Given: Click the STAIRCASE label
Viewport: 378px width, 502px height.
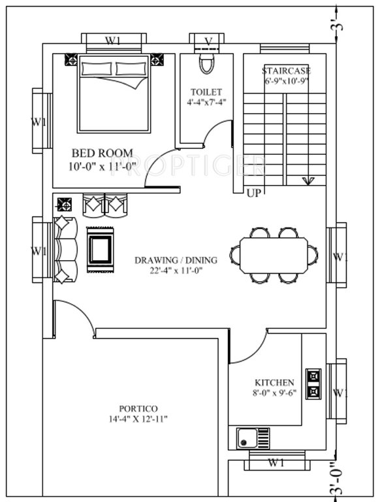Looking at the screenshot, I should pos(286,71).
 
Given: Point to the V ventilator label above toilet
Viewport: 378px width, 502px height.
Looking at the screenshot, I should pos(208,41).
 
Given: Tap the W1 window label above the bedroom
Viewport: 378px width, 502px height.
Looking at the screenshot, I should pos(114,41).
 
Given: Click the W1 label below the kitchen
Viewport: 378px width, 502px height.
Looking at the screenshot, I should pos(276,463).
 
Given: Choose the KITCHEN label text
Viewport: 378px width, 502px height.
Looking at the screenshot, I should pos(274,382).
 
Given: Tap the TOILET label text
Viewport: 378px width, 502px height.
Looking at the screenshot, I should pos(206,92).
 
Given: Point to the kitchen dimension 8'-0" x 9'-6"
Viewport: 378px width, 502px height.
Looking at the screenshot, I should pos(274,393).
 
